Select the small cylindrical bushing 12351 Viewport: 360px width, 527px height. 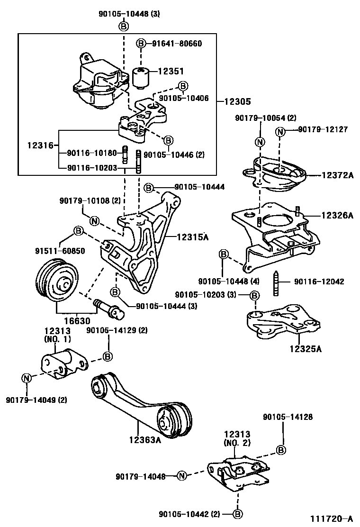point(140,77)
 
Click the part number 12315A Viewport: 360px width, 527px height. point(193,236)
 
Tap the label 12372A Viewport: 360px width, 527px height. point(337,175)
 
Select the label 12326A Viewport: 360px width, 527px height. point(337,215)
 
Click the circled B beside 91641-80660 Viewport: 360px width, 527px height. point(141,44)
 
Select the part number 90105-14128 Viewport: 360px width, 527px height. point(288,417)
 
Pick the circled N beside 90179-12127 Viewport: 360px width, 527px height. point(280,131)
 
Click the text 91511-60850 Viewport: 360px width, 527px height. point(61,251)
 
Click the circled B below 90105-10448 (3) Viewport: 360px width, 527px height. point(123,26)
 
